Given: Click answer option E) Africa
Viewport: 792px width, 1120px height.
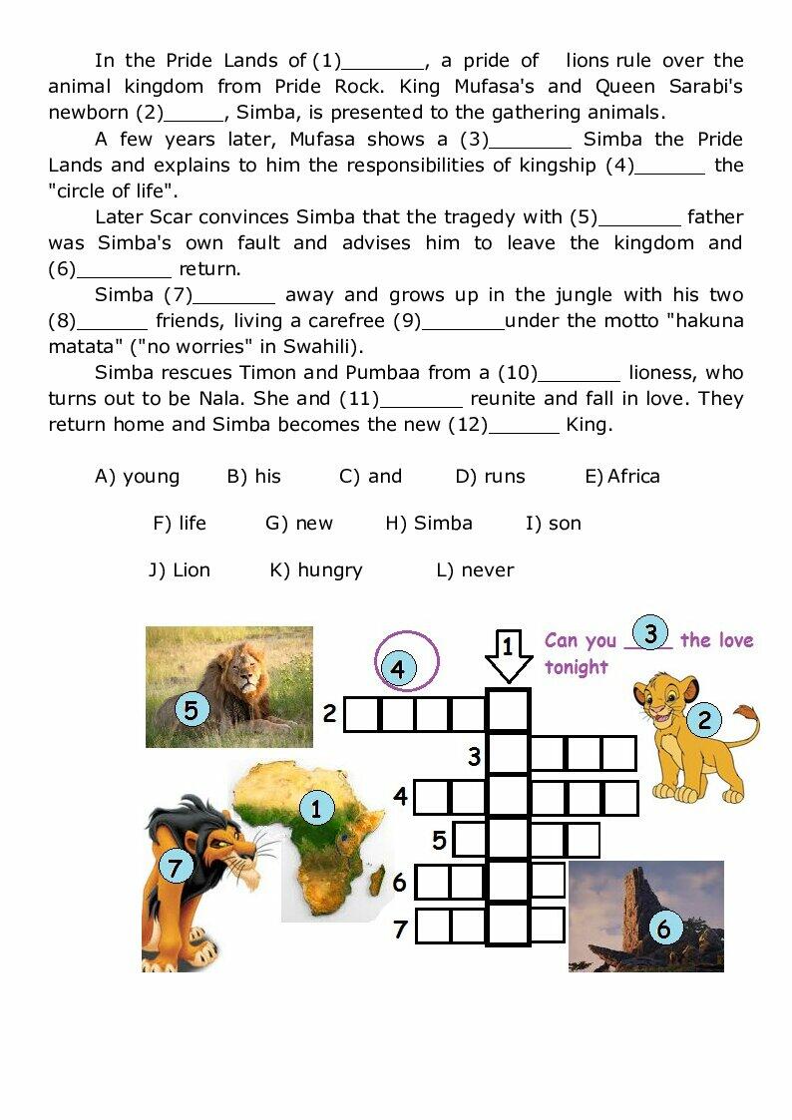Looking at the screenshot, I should pos(622,477).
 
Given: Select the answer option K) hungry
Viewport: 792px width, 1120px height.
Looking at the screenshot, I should pos(316,570).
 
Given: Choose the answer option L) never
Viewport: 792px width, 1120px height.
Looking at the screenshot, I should pos(475,570).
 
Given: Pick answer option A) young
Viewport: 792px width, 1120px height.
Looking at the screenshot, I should pos(137,477).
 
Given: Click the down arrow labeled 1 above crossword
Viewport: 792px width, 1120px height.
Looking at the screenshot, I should pos(509,657).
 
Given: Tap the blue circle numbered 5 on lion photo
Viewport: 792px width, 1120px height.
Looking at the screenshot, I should pos(192,710).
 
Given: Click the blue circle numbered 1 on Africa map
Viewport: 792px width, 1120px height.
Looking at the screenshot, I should pos(316,808).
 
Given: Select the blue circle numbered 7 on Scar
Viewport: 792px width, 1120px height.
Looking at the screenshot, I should pos(176,868).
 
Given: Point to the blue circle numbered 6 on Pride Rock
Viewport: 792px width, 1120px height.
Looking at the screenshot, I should pos(663,930).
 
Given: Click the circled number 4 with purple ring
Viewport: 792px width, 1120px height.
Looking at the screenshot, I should pos(398,668).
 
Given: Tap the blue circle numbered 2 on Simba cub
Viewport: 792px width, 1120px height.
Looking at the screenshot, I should pos(704,719).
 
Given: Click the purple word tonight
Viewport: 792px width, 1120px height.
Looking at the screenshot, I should pos(576,667).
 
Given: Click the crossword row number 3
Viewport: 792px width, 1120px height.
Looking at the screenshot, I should pos(475,758).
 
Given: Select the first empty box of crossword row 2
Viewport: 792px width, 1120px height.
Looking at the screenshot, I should pos(363,714).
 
